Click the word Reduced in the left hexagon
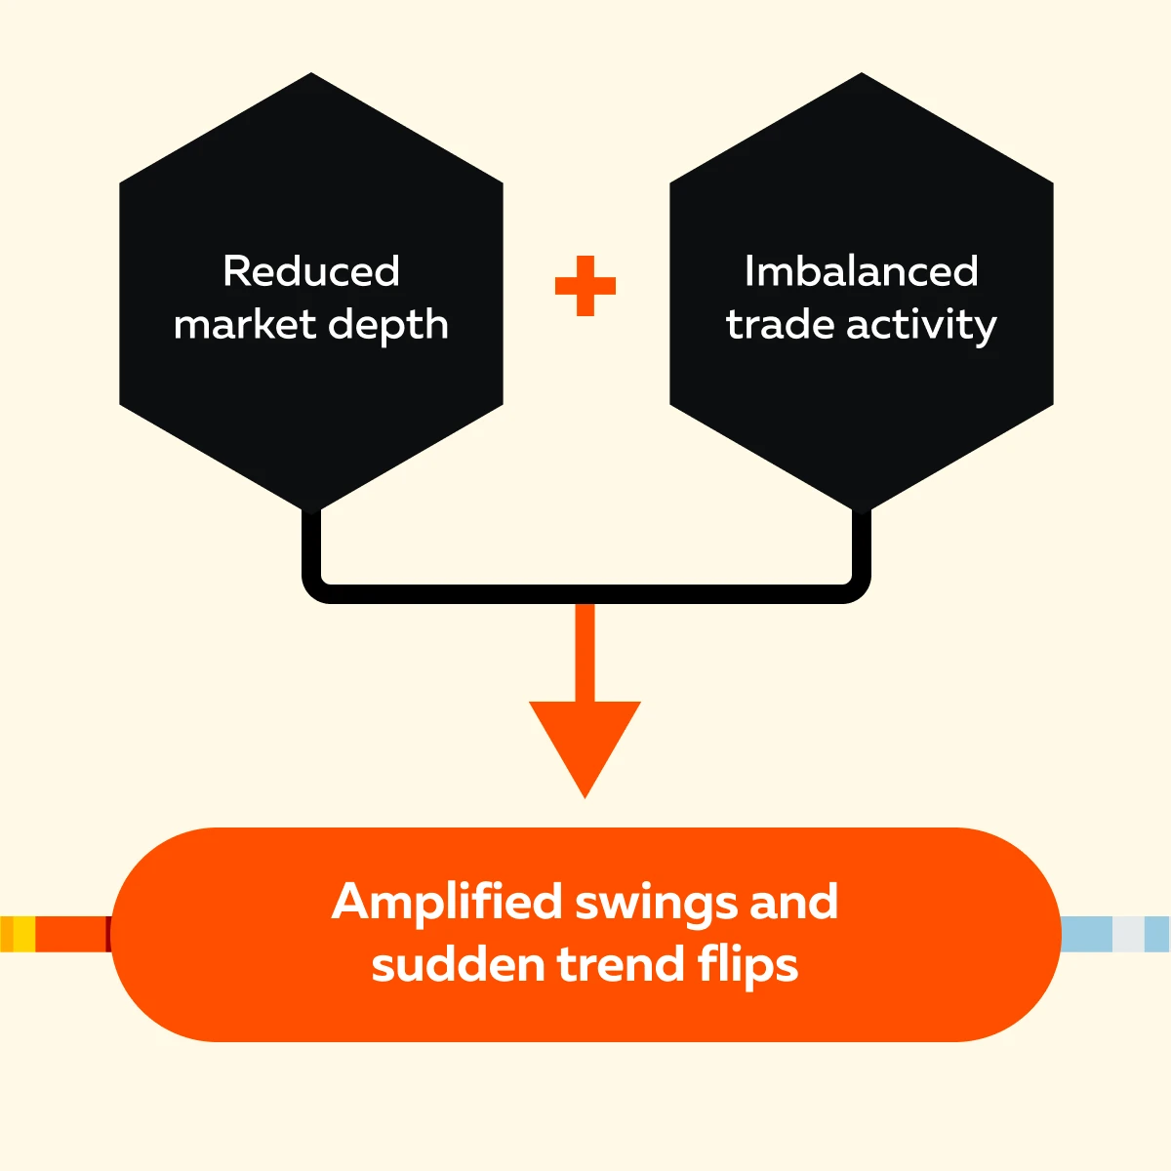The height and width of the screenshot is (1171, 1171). point(311,271)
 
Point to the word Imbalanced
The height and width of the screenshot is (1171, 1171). point(861,271)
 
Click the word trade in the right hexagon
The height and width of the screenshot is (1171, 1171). point(781,325)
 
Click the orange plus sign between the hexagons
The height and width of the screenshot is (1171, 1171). point(585,286)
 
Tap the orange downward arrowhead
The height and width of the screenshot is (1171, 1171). point(585,742)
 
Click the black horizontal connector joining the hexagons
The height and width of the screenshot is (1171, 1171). point(585,593)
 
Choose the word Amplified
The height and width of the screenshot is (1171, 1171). point(447,904)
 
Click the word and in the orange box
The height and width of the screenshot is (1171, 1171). point(793,902)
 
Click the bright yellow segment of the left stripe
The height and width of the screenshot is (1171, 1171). point(23,934)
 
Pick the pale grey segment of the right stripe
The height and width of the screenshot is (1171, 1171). point(1128,934)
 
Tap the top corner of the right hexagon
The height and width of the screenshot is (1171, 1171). point(862,76)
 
